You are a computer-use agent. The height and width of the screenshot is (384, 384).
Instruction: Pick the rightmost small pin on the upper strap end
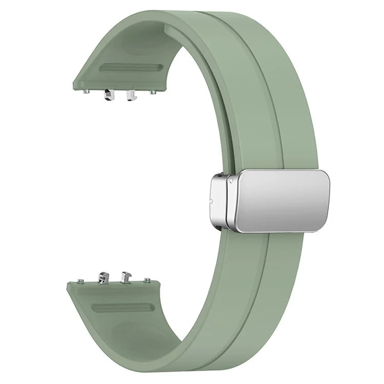click(153, 92)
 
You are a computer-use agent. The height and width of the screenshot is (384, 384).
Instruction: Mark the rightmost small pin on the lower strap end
click(148, 280)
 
